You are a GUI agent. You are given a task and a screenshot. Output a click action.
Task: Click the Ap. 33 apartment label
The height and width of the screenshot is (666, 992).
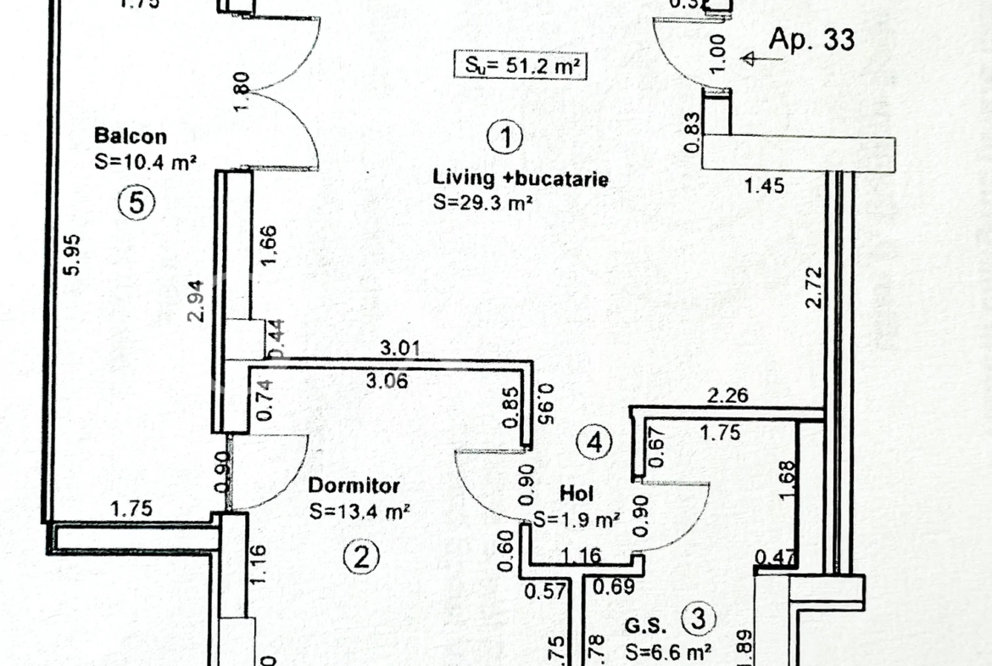click(811, 39)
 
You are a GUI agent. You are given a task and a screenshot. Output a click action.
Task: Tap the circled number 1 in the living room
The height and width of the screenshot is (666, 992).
click(505, 137)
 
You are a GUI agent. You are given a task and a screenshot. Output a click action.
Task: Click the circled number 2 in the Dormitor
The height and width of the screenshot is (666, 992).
click(361, 557)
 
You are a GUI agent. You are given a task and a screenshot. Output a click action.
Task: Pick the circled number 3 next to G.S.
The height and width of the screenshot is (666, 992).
click(699, 618)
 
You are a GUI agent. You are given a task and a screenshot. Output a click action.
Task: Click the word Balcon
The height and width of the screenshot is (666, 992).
click(131, 136)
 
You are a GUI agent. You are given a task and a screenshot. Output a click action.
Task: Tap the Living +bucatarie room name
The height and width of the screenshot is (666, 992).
click(521, 178)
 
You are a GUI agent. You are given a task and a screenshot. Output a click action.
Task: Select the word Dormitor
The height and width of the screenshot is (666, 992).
click(354, 487)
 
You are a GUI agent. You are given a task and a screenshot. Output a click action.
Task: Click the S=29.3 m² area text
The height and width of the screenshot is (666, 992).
click(482, 202)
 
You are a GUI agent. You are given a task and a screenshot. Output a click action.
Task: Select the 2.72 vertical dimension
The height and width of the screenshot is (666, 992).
click(815, 288)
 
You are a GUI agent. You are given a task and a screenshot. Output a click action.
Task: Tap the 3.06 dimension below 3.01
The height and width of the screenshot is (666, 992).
click(387, 381)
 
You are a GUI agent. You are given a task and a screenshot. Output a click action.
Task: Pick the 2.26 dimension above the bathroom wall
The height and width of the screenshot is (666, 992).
click(729, 395)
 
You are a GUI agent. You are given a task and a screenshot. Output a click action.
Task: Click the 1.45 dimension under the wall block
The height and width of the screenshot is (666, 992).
click(764, 186)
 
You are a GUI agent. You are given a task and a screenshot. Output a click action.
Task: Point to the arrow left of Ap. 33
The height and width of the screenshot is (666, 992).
click(750, 59)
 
